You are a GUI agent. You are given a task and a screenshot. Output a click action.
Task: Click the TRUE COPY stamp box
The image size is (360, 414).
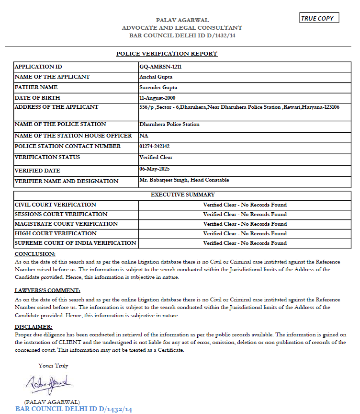319,18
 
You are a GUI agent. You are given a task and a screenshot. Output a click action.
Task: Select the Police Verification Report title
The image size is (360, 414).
167,53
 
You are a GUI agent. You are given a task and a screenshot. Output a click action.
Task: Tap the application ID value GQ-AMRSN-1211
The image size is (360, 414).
160,67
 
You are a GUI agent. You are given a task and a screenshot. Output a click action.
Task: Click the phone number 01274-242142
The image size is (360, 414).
154,146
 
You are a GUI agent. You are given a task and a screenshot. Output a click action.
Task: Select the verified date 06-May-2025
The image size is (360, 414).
155,169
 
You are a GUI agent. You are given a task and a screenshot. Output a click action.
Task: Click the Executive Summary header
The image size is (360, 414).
182,195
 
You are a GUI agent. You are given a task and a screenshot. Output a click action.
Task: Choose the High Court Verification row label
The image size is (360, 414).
56,233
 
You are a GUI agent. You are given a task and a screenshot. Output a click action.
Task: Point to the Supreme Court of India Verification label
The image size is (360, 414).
75,243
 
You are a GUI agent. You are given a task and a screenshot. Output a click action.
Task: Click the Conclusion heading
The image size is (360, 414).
35,253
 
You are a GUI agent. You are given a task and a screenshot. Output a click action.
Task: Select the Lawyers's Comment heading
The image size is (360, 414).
47,290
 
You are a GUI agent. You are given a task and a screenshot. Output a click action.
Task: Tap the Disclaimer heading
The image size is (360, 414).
34,327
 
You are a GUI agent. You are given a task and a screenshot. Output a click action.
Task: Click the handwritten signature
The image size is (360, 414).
48,383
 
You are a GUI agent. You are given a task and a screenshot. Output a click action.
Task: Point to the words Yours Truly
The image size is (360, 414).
53,366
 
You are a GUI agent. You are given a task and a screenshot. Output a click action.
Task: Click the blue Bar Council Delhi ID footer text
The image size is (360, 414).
73,409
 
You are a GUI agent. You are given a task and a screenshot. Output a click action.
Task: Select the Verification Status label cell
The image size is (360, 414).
47,157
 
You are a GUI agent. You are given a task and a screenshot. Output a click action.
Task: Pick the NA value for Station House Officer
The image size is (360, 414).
144,136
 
